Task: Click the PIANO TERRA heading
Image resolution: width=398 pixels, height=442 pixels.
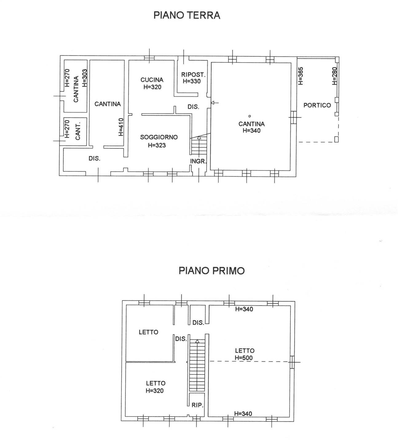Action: [187, 15]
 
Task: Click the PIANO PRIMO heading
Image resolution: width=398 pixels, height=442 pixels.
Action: [211, 271]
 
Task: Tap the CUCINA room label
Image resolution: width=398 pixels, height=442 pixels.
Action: [152, 80]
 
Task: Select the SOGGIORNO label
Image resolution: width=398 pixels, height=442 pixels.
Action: [159, 137]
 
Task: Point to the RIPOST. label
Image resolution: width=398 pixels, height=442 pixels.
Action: [193, 75]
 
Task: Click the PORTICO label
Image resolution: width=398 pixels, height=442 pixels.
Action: [317, 105]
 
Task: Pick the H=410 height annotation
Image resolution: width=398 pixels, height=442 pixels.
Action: [121, 127]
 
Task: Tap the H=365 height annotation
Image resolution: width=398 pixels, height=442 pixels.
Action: [301, 76]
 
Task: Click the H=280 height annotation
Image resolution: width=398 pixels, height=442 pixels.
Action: [334, 76]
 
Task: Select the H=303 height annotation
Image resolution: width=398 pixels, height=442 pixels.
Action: [85, 78]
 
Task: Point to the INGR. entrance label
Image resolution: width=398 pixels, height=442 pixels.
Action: [198, 161]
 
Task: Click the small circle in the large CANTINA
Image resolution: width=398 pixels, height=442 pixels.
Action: [250, 116]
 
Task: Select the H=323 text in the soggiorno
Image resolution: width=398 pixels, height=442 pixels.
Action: [157, 145]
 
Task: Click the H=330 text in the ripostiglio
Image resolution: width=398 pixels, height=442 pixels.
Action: [192, 81]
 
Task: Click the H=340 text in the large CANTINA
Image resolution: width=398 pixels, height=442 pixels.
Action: [251, 131]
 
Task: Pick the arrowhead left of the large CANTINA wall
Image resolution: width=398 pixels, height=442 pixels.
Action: [213, 103]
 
